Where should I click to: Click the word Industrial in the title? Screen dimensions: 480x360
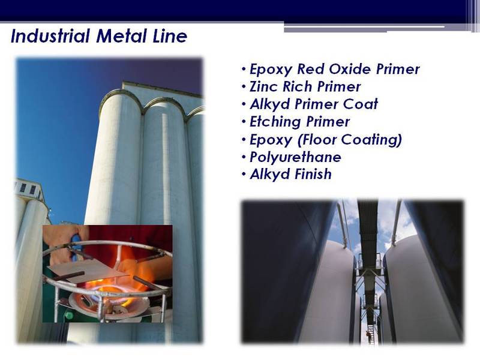pos(50,36)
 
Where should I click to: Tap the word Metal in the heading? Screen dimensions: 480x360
pos(121,36)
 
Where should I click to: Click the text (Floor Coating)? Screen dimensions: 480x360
pos(349,140)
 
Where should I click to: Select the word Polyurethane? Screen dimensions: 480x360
pos(295,157)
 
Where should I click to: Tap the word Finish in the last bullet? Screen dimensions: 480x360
pos(313,174)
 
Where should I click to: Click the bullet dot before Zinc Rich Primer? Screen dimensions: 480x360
pos(244,87)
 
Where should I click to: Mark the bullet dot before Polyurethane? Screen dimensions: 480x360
pos(244,157)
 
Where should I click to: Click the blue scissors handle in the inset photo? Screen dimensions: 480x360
pos(76,244)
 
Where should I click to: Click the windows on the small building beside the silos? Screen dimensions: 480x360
pos(28,188)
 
